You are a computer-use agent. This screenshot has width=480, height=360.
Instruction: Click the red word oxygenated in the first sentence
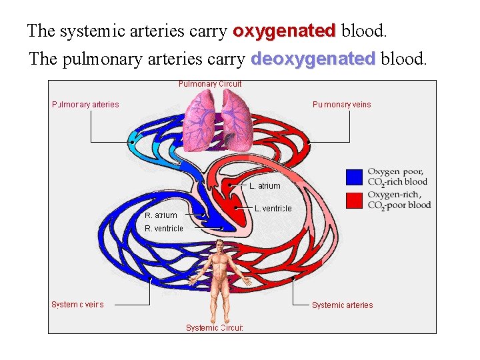click(283, 31)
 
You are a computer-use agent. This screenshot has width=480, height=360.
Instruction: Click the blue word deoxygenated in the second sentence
click(313, 59)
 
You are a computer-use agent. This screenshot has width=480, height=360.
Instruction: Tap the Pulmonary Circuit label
click(210, 84)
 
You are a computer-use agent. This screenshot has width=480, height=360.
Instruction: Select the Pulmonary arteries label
click(85, 104)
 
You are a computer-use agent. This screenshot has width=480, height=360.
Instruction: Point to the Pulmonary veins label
click(342, 104)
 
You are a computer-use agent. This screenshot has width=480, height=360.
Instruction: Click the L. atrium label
click(265, 186)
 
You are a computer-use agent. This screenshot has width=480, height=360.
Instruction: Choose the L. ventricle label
click(273, 209)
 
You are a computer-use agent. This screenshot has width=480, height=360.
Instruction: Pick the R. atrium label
click(161, 215)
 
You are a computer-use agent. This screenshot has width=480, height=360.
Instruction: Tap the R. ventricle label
click(164, 228)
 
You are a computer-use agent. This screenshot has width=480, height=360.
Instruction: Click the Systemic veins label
click(77, 304)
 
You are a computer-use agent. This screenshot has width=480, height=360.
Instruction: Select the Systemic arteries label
click(342, 305)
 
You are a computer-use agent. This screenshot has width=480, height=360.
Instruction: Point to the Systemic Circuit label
click(215, 327)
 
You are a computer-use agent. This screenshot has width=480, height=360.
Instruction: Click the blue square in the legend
click(355, 177)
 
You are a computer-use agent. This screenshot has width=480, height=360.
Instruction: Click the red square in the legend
click(355, 199)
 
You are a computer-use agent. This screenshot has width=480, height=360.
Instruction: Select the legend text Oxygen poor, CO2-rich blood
click(397, 177)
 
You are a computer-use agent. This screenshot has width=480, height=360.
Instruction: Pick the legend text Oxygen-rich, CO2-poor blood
click(399, 199)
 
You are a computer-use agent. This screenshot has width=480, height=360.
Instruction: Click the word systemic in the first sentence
click(87, 31)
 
